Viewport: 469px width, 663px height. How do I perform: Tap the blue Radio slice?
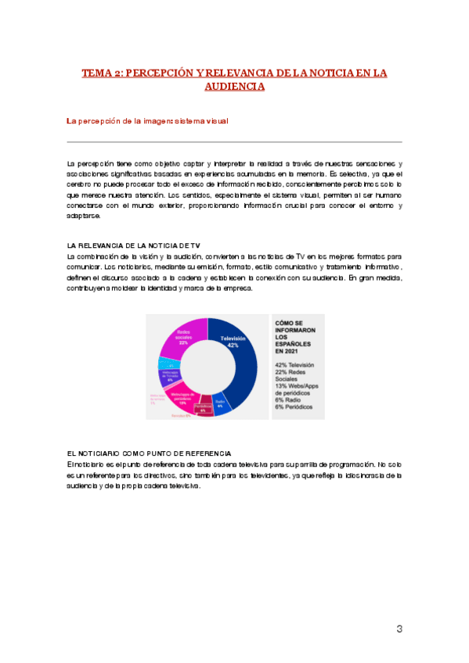click(x=222, y=404)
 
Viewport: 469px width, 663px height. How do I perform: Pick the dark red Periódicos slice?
click(x=203, y=410)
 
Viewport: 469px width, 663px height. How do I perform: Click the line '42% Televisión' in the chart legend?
click(x=294, y=365)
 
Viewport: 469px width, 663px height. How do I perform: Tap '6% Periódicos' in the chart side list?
click(x=294, y=407)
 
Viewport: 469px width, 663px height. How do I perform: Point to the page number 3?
click(x=399, y=629)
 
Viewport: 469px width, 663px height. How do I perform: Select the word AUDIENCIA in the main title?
click(x=234, y=86)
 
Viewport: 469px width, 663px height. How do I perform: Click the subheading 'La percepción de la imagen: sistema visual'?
click(x=147, y=120)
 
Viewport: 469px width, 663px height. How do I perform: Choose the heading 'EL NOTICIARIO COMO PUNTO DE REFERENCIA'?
click(x=149, y=453)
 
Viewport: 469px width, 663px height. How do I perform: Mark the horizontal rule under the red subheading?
click(x=235, y=142)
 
